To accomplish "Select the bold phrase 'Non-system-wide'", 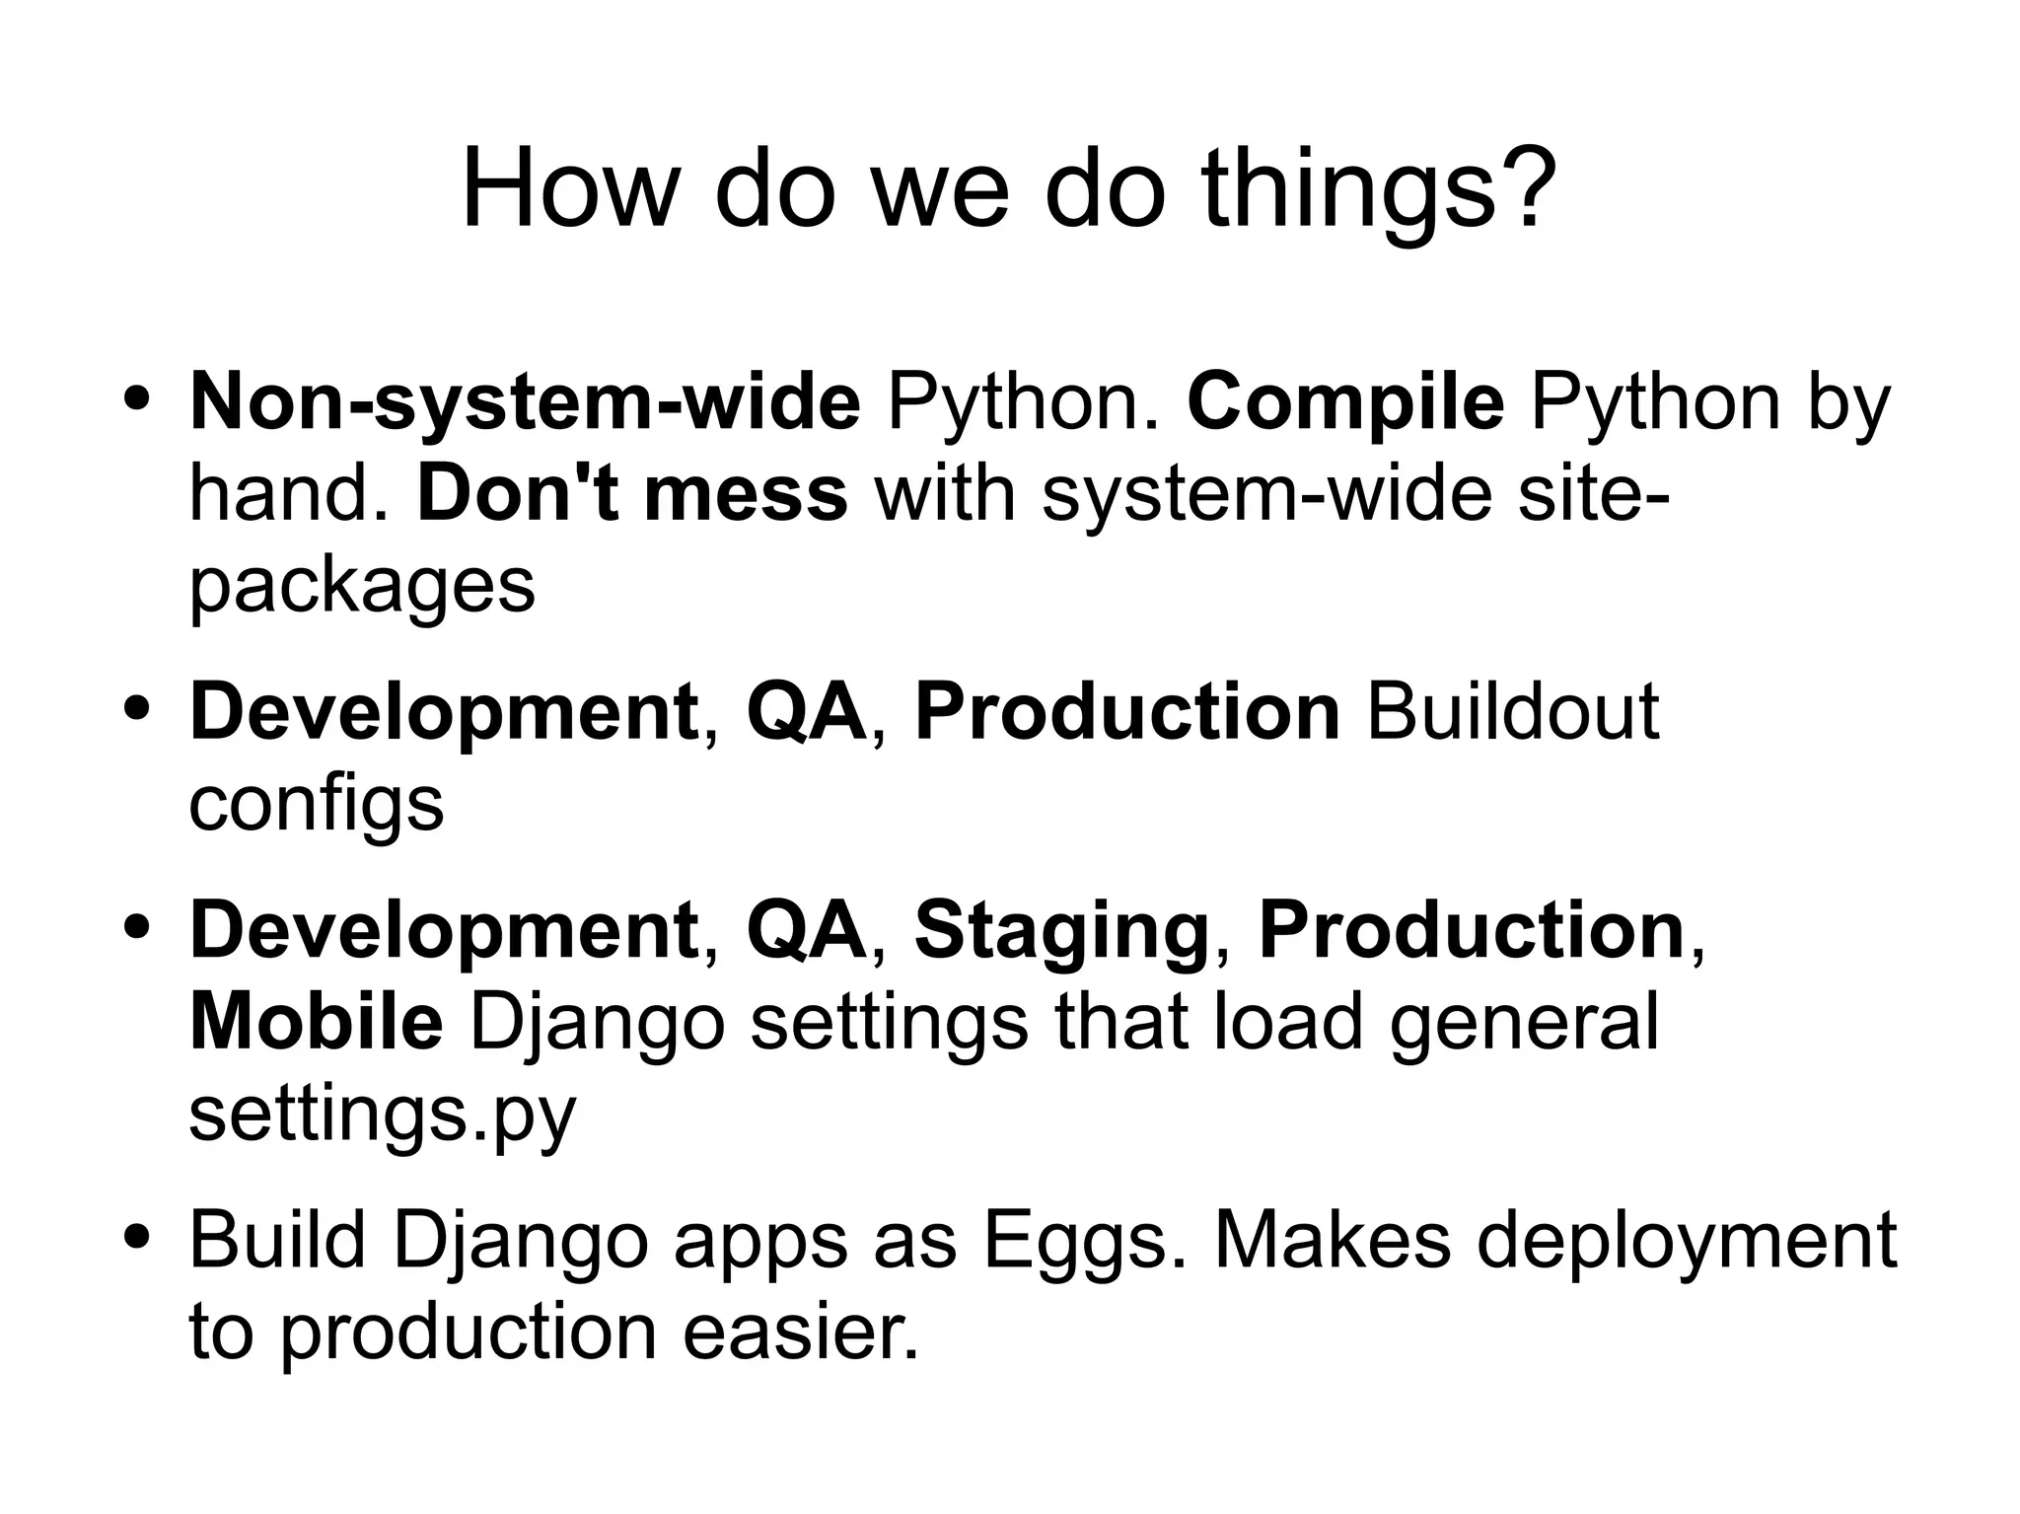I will pos(525,402).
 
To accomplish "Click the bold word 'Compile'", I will pos(1345,402).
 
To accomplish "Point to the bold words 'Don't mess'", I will pos(632,494).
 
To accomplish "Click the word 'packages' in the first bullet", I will pos(361,586).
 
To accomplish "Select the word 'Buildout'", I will pos(1512,712).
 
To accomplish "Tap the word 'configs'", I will pos(316,805).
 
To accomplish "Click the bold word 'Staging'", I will pos(1061,931).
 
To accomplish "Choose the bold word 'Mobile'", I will pos(316,1023).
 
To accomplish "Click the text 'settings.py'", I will pos(382,1115).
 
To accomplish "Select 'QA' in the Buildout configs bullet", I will pos(806,712).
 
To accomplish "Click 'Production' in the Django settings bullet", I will pos(1472,931).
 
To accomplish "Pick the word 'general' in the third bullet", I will pos(1524,1023).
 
